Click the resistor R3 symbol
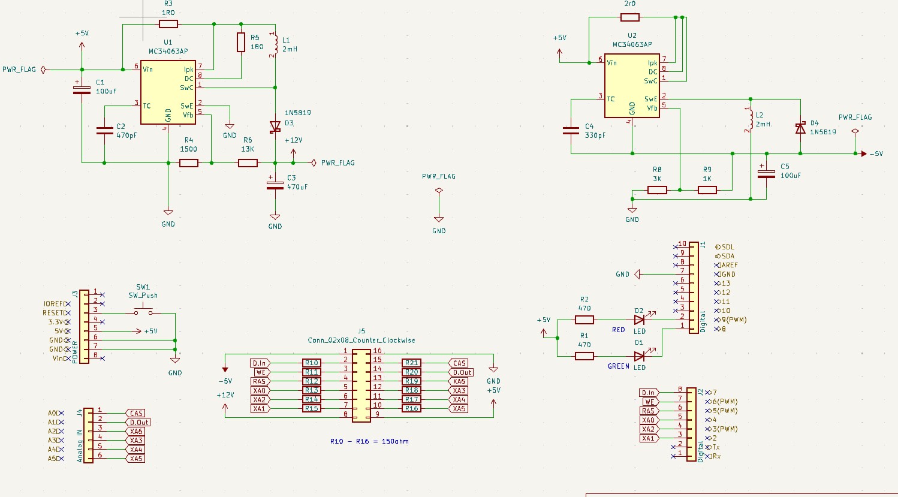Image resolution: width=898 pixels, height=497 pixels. (x=168, y=24)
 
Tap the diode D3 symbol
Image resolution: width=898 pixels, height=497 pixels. (x=275, y=126)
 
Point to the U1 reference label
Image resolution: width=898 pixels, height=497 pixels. (x=168, y=43)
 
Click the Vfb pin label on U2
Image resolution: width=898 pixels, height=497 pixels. (x=652, y=108)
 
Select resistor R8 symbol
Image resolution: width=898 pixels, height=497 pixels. (x=657, y=190)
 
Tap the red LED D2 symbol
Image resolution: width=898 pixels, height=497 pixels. (x=640, y=320)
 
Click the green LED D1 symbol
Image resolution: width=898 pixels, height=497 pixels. (x=640, y=356)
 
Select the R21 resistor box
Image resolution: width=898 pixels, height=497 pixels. (x=411, y=363)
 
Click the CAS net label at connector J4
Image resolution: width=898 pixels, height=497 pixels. (x=136, y=413)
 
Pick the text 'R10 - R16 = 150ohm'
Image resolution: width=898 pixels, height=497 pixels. (x=369, y=441)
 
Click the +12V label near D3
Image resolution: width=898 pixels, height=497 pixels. (x=294, y=140)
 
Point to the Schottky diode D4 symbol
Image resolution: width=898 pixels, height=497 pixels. (x=800, y=128)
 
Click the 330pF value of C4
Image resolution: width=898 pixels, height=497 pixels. (x=595, y=135)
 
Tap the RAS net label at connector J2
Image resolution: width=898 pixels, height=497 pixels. (x=648, y=411)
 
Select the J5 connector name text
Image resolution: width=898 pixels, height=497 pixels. (x=361, y=331)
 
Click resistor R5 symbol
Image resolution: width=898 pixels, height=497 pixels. (x=241, y=43)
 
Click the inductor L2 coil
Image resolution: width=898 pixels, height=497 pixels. (x=750, y=120)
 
